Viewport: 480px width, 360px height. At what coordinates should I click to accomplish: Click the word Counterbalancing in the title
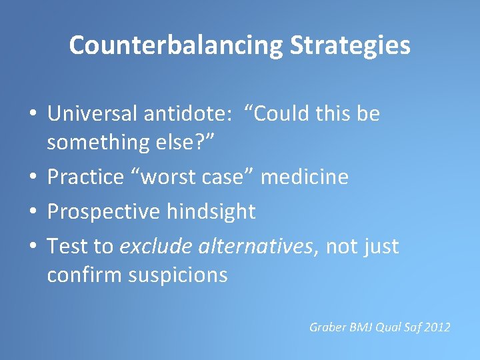coord(175,45)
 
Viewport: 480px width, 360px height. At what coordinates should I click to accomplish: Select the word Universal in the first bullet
coord(91,114)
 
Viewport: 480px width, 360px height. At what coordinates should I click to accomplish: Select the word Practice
coord(85,177)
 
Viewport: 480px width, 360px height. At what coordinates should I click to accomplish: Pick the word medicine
coord(305,177)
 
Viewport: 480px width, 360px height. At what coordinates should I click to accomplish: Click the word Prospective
coord(104,212)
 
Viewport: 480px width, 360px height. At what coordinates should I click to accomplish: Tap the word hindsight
coord(211,212)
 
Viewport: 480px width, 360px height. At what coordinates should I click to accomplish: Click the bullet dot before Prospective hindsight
coord(33,212)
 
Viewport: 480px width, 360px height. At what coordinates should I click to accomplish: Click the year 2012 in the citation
coord(437,327)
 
